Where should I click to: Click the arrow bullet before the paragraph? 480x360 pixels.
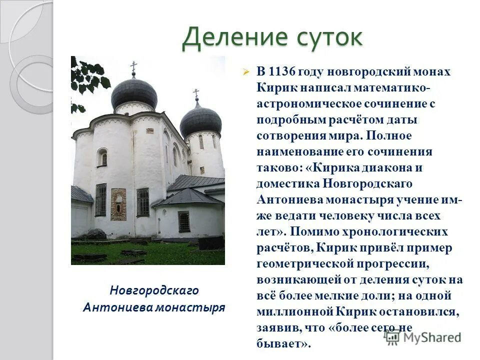coord(245,72)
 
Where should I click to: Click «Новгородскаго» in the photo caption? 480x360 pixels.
coord(154,290)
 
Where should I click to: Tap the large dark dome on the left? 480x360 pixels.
coord(133,93)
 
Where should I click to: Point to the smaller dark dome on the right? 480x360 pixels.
coord(200,120)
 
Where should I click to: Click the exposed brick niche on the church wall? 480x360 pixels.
coord(118,204)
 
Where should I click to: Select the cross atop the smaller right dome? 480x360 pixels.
coord(196,93)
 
